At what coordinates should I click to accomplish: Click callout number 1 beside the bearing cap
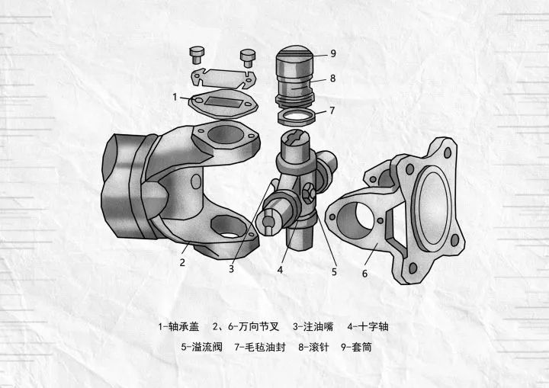pyautogui.click(x=175, y=97)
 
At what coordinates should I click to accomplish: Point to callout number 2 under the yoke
pyautogui.click(x=183, y=262)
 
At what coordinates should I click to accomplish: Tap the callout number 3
pyautogui.click(x=231, y=268)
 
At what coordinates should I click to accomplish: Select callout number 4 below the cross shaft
pyautogui.click(x=281, y=269)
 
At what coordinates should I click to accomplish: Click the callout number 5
pyautogui.click(x=333, y=270)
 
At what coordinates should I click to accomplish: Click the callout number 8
pyautogui.click(x=332, y=77)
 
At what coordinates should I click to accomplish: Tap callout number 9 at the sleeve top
pyautogui.click(x=332, y=53)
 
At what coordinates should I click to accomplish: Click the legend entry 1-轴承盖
pyautogui.click(x=178, y=326)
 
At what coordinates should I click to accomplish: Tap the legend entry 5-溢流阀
pyautogui.click(x=201, y=347)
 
